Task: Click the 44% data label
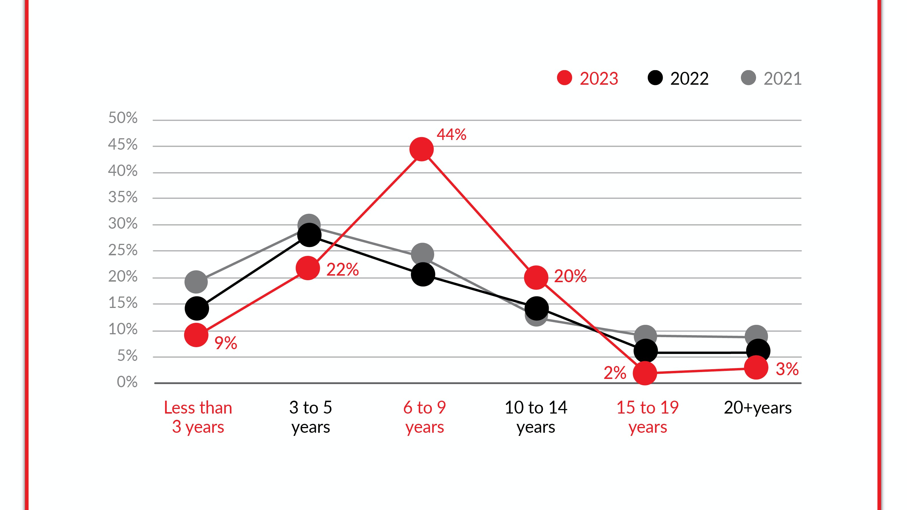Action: (x=451, y=135)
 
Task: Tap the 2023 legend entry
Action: (x=588, y=78)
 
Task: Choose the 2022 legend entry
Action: (x=678, y=78)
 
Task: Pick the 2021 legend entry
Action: (x=771, y=78)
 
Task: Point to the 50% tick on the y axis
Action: (x=123, y=118)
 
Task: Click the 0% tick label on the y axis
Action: (x=127, y=382)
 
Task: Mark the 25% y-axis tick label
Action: (x=123, y=250)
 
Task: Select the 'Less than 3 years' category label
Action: (x=198, y=417)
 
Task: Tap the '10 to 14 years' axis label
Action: (x=536, y=417)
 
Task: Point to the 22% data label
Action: (x=343, y=270)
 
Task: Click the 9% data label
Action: (x=226, y=343)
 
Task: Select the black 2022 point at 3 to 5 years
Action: (x=309, y=235)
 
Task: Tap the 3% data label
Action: (x=787, y=369)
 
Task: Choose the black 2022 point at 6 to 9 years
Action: (x=423, y=274)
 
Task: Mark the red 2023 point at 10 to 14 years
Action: (x=536, y=277)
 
